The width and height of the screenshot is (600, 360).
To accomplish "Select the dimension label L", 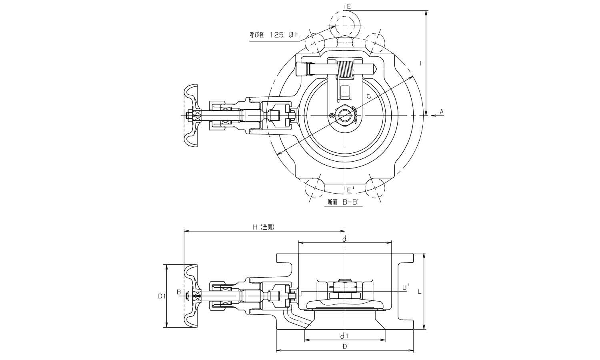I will (x=419, y=292).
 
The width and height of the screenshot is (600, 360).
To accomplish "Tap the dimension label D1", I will (x=161, y=296).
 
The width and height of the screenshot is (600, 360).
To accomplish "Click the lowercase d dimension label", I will (x=344, y=239).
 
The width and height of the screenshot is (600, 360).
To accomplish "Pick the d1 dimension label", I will (x=344, y=335).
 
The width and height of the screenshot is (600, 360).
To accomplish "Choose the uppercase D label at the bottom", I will (x=344, y=346).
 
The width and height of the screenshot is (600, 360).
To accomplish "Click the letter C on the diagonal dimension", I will (x=368, y=96).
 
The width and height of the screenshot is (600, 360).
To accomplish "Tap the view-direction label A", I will (x=442, y=112).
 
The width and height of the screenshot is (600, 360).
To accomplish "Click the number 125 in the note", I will (x=276, y=35).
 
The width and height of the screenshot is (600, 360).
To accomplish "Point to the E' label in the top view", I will (x=350, y=190).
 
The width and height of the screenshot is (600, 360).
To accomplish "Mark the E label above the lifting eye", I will (x=349, y=6).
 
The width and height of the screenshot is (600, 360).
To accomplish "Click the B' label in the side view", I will (x=406, y=287).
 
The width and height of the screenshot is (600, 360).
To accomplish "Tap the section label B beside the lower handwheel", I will (x=179, y=292).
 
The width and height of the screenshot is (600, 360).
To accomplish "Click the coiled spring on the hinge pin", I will (x=345, y=69).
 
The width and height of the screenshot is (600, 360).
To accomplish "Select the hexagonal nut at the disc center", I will (x=344, y=116).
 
